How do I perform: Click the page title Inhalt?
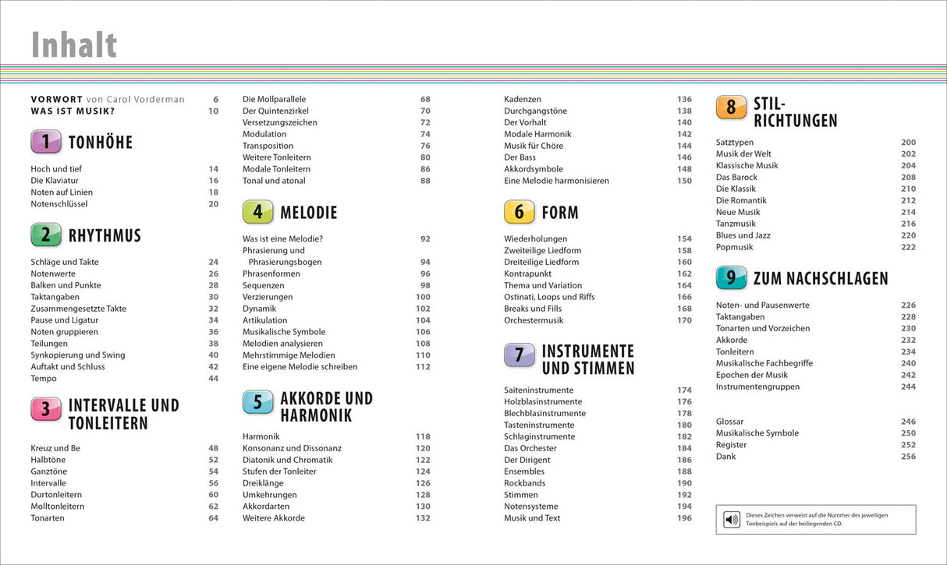[x=74, y=45]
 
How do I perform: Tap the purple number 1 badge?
[x=46, y=142]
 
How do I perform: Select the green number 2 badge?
[x=46, y=235]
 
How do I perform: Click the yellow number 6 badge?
[x=520, y=212]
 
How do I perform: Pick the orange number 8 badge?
[x=731, y=107]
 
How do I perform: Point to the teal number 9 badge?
[x=731, y=278]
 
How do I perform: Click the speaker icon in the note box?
[x=732, y=520]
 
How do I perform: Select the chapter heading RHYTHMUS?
[x=105, y=235]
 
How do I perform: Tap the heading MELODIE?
[x=309, y=212]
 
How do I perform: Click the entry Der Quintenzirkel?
[x=275, y=111]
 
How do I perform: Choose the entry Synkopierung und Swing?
[x=78, y=355]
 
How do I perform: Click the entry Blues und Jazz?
[x=743, y=235]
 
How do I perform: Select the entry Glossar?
[x=729, y=421]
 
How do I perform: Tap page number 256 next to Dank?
[x=908, y=456]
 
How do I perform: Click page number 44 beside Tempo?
[x=213, y=378]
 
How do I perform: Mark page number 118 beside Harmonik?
[x=423, y=436]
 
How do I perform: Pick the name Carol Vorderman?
[x=147, y=99]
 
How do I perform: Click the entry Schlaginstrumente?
[x=540, y=436]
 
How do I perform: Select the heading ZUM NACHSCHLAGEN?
[x=821, y=278]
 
